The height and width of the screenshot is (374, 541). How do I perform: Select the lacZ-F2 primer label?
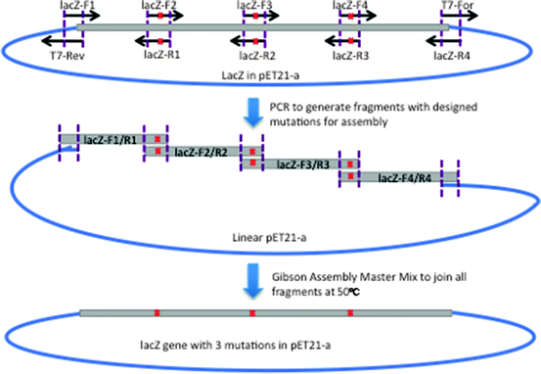tap(158, 6)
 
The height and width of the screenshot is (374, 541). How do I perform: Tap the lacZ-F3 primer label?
tap(255, 6)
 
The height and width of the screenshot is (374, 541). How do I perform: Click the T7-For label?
tap(456, 6)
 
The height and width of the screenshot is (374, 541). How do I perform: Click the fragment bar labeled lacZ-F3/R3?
tap(302, 164)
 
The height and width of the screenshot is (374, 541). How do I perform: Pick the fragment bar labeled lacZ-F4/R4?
tap(405, 177)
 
